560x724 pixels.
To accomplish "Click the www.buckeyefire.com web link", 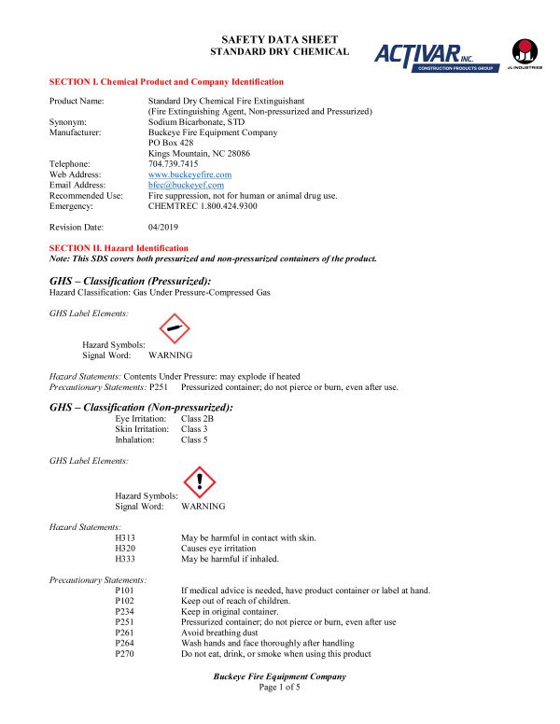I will tap(189, 174).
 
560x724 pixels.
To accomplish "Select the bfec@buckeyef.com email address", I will tap(186, 185).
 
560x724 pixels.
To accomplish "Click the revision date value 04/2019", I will tap(163, 227).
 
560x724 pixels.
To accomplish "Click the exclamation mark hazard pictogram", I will tap(199, 481).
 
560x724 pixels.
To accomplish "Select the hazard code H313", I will tap(125, 538).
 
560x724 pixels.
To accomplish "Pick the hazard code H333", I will tap(125, 559).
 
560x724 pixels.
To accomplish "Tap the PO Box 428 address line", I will tap(173, 143).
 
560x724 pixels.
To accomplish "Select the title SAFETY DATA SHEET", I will tap(279, 39).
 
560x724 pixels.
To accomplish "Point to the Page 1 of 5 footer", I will tap(280, 688).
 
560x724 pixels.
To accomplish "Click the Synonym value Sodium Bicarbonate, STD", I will tap(196, 121).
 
